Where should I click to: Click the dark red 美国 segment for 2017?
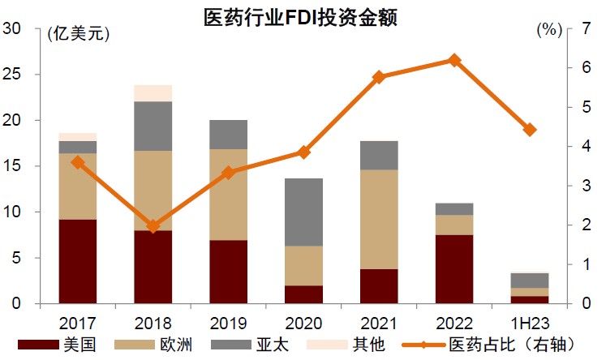point(78,261)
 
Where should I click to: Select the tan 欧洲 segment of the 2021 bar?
point(379,219)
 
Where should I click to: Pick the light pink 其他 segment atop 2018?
point(153,92)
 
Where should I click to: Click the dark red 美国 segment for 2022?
point(454,269)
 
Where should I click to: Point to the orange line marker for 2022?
point(454,60)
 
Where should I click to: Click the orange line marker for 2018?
point(153,225)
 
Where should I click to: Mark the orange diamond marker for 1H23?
point(530,130)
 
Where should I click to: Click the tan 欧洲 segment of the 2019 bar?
point(228,195)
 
